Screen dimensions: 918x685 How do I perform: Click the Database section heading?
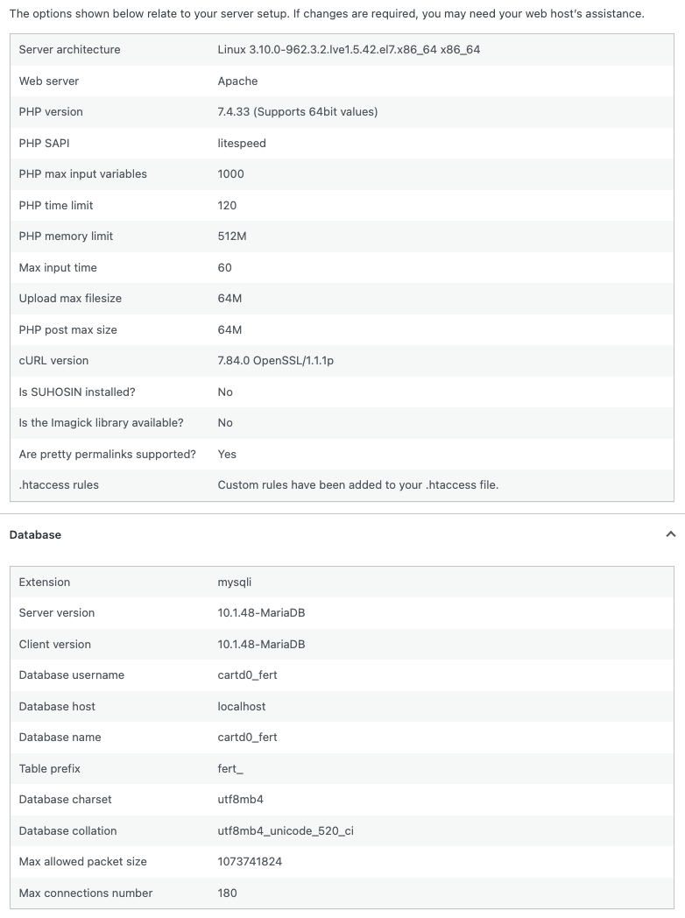35,534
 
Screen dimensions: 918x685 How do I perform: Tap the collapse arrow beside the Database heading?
670,534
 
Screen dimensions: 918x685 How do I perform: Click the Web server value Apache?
237,81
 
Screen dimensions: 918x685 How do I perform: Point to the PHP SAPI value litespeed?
242,144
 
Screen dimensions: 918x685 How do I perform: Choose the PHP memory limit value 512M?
232,237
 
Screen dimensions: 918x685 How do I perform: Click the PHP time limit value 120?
227,206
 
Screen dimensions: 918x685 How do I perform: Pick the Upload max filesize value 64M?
230,299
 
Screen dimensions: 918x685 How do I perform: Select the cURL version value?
275,361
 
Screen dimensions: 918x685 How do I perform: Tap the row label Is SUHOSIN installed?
77,392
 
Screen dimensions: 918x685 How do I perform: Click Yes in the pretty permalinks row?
227,455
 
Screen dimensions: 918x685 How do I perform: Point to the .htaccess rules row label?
59,485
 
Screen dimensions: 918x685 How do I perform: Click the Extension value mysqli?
235,583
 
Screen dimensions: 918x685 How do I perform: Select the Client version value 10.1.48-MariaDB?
261,645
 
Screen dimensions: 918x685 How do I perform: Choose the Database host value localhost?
242,707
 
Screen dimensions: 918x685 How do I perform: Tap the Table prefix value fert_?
230,769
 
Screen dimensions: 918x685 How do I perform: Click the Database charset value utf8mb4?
241,800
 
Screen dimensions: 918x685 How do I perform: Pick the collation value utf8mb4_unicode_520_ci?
286,831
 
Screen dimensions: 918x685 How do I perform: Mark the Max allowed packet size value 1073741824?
250,862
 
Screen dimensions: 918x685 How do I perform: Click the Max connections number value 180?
227,893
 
